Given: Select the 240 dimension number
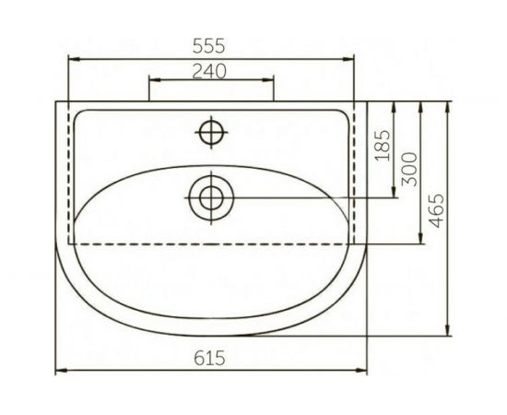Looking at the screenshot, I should tap(211, 71).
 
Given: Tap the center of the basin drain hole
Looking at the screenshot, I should tap(212, 196).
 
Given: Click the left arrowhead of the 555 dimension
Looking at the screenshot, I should tap(75, 58).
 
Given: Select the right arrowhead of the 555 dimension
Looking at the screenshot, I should tap(349, 58).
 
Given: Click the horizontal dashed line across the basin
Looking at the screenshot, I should tap(211, 243).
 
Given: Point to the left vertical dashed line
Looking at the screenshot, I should tap(71, 175).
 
